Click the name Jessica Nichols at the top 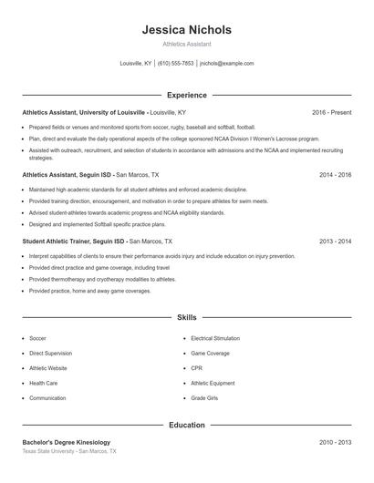pyautogui.click(x=187, y=29)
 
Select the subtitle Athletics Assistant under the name pyautogui.click(x=187, y=44)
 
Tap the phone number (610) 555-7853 pyautogui.click(x=175, y=64)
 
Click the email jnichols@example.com pyautogui.click(x=226, y=64)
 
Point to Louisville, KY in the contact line pyautogui.click(x=136, y=64)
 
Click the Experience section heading pyautogui.click(x=187, y=95)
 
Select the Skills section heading pyautogui.click(x=187, y=318)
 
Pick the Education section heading pyautogui.click(x=187, y=425)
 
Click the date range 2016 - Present pyautogui.click(x=331, y=112)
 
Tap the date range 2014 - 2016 pyautogui.click(x=335, y=174)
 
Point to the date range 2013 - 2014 pyautogui.click(x=335, y=241)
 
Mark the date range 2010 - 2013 pyautogui.click(x=335, y=442)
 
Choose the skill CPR pyautogui.click(x=196, y=368)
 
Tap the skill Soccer pyautogui.click(x=37, y=338)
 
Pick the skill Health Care pyautogui.click(x=44, y=383)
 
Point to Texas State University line pyautogui.click(x=69, y=452)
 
